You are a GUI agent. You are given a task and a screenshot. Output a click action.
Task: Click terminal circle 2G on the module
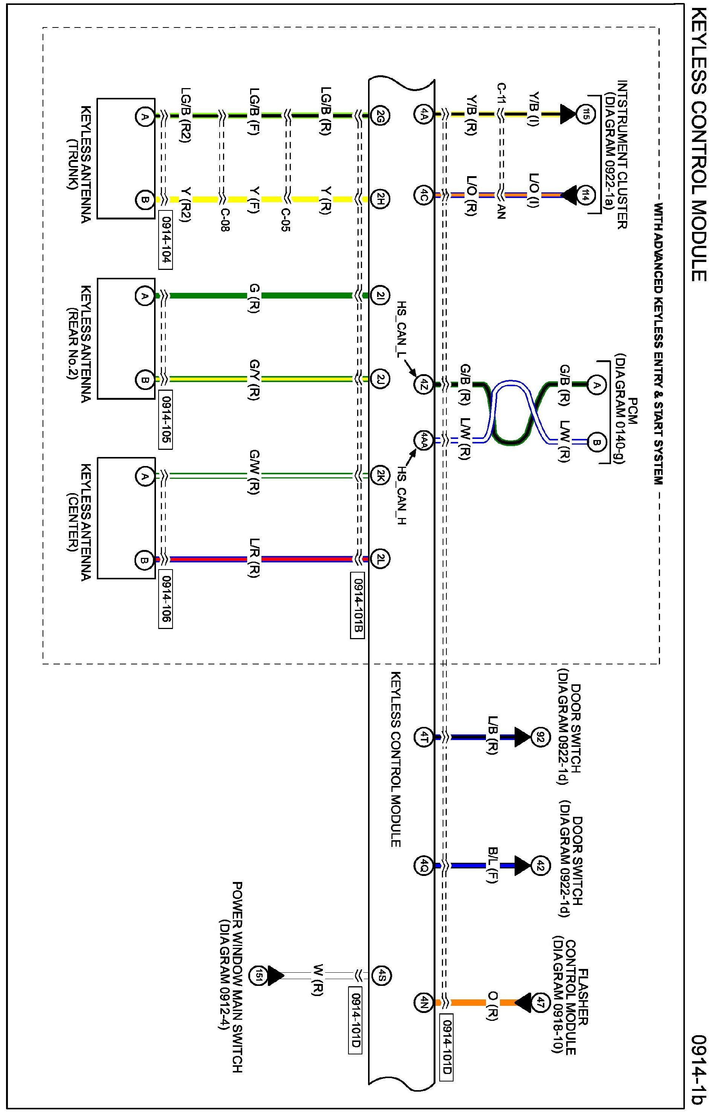pos(380,116)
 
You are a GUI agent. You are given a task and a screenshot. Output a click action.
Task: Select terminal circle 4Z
pos(423,384)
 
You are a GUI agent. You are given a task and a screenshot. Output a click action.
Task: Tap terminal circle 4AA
pos(423,440)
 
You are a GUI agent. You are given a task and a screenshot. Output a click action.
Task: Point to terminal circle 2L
pos(380,559)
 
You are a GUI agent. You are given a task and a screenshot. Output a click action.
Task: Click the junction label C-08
pos(225,219)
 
